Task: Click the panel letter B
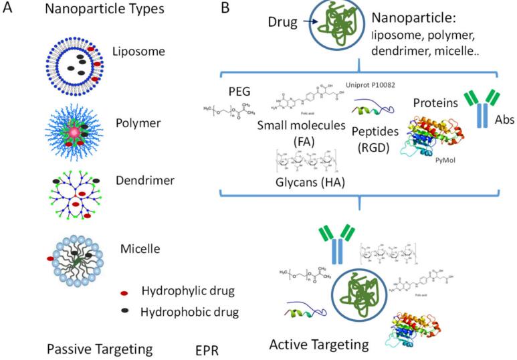225,10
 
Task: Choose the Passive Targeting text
100,349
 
